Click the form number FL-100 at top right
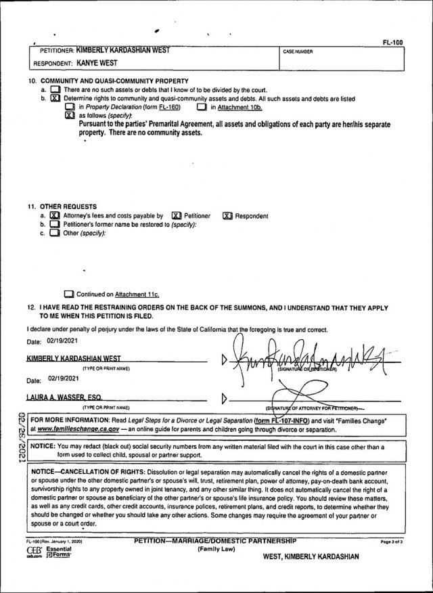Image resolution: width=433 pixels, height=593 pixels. tap(392, 42)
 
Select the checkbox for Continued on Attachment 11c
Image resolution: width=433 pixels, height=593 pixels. tap(68, 294)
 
